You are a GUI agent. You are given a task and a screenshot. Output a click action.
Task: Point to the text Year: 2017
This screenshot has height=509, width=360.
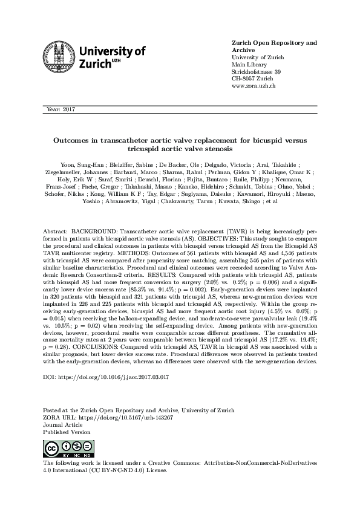[x=58, y=109]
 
